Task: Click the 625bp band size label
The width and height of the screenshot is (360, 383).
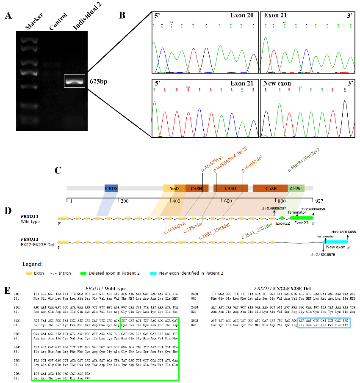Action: tap(97, 81)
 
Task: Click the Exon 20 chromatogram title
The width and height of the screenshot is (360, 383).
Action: tap(242, 16)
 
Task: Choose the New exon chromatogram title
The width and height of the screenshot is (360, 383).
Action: tap(277, 83)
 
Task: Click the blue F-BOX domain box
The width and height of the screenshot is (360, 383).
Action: tap(111, 188)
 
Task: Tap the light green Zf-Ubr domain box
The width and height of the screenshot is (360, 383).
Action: tap(296, 188)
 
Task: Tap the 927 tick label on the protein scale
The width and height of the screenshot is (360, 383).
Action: tap(313, 201)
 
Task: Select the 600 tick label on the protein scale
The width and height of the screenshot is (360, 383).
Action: tap(228, 201)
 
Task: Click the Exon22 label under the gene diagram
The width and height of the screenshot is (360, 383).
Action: tap(282, 223)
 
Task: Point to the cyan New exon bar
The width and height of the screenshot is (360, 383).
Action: tap(336, 242)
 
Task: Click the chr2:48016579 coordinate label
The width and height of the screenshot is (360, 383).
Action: tap(324, 254)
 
